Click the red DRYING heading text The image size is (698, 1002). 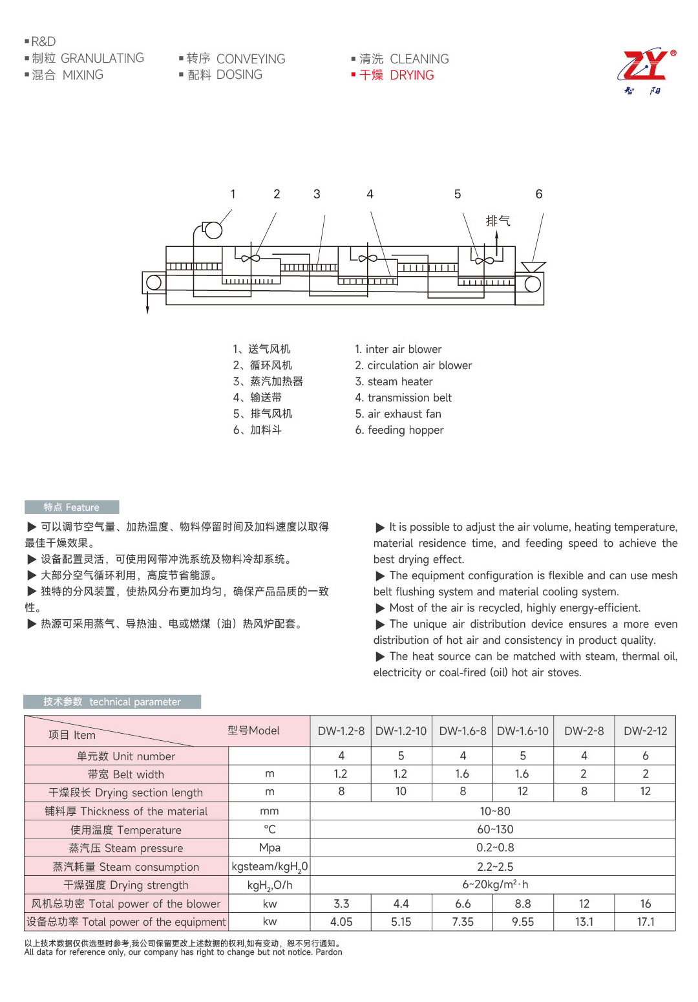412,76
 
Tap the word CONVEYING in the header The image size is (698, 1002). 251,59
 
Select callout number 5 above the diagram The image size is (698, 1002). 458,194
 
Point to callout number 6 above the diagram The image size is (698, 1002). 539,194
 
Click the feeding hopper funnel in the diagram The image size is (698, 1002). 533,266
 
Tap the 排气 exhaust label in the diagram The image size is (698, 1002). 498,221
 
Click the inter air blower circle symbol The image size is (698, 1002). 213,230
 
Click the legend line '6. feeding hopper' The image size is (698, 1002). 399,430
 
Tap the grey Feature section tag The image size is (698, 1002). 72,507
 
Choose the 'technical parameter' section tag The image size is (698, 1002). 112,702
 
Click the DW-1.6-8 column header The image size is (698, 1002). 463,731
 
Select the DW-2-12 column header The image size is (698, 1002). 645,731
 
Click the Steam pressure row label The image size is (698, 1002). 126,848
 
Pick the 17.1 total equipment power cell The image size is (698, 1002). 645,922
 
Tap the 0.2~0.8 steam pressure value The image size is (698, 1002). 495,847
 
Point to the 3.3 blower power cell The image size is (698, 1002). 341,904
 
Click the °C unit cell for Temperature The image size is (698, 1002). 270,829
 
